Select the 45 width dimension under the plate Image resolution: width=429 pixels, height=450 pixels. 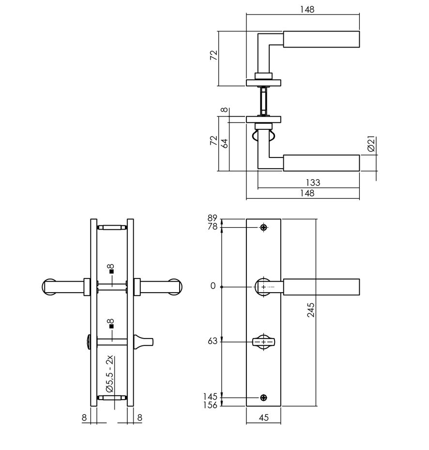[263, 417]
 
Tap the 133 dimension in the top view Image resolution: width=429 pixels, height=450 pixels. [313, 183]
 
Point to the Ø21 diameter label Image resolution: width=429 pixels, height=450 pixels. [370, 144]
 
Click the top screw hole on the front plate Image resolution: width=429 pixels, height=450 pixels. [263, 227]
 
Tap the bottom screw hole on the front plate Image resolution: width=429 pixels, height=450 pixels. [263, 398]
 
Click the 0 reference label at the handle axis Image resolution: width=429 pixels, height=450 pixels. [213, 286]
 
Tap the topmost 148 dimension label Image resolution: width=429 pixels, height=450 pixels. [307, 9]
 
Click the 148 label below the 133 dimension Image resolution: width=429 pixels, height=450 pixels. [307, 193]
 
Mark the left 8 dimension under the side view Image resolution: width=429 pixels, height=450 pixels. [84, 417]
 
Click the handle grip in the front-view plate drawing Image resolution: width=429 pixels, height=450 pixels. [321, 286]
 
